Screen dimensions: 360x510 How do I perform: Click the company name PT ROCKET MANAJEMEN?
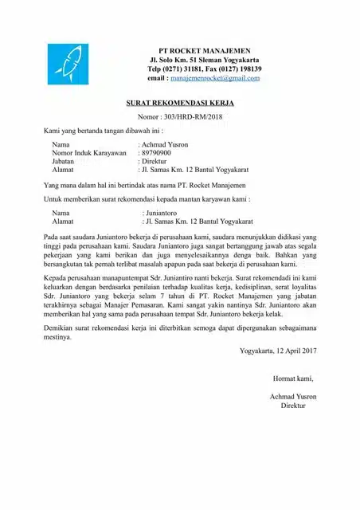coord(204,50)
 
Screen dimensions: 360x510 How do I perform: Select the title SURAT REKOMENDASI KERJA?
coord(181,103)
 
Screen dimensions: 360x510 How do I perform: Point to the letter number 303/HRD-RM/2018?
coord(194,116)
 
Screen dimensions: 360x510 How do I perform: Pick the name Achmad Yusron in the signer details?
coord(165,143)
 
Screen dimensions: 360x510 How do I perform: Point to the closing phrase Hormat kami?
coord(293,378)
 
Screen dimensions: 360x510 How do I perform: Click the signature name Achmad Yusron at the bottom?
coord(293,396)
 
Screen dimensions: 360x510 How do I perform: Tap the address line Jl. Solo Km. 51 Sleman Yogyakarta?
coord(204,60)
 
